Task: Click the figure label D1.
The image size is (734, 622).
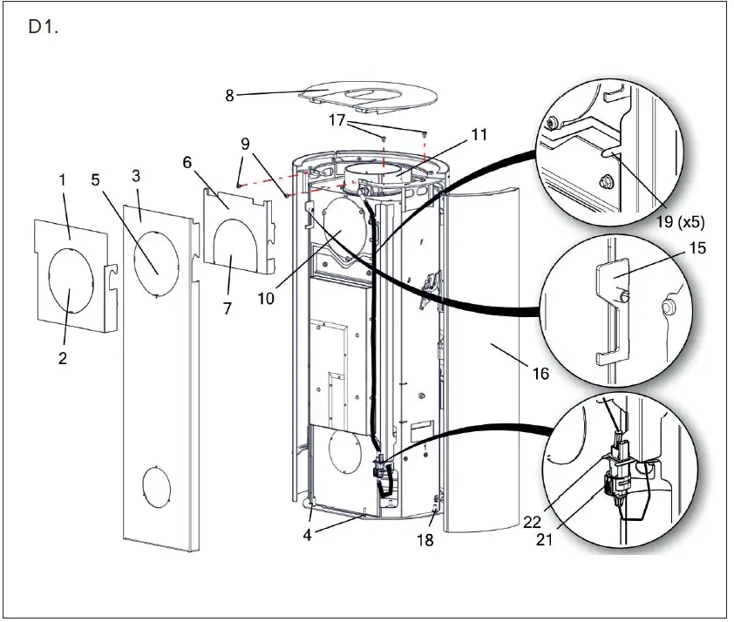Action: [43, 27]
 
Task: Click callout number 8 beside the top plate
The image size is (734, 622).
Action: [230, 96]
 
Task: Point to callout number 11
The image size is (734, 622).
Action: [479, 135]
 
